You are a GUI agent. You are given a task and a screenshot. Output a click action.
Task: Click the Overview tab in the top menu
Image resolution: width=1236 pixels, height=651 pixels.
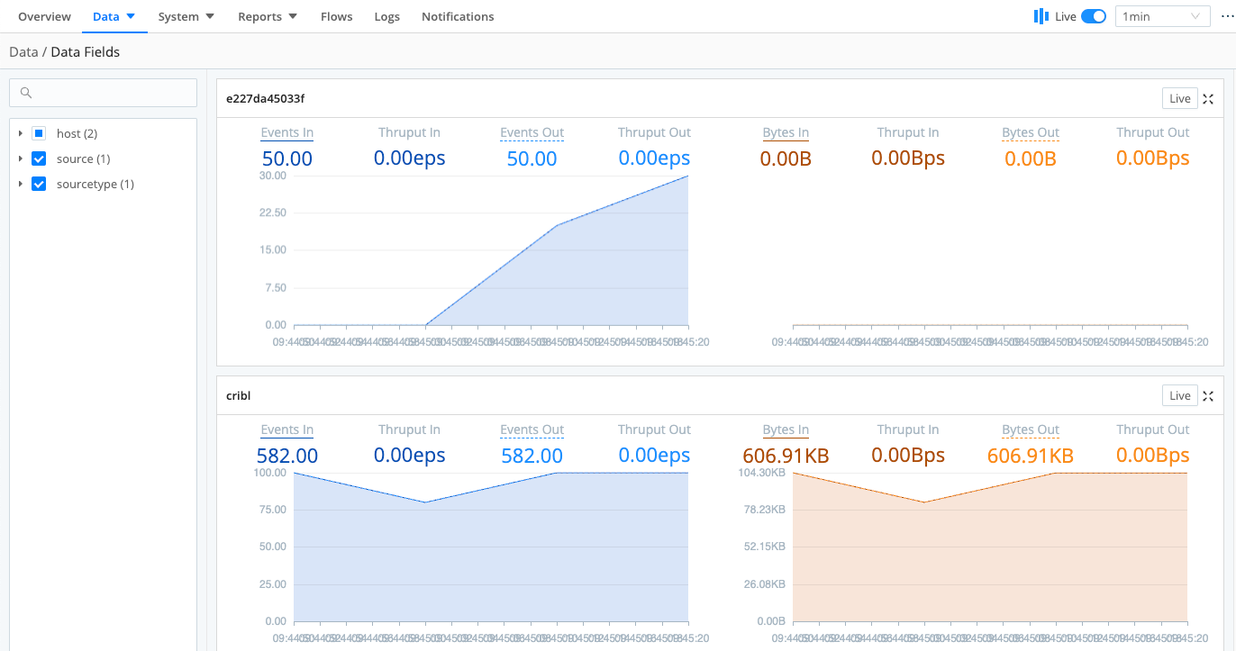44,16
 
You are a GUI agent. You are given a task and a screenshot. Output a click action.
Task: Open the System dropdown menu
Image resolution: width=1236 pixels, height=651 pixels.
186,16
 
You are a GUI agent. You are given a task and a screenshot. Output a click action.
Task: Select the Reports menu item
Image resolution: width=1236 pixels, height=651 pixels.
267,16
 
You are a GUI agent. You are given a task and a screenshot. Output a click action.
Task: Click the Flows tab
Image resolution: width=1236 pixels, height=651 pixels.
336,16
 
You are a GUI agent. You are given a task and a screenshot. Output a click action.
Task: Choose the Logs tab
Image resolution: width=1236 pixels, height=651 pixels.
386,16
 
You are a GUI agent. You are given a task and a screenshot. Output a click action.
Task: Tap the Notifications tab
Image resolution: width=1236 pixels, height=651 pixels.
458,16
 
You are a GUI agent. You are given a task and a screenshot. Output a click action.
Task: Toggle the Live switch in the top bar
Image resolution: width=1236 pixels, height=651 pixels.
1093,16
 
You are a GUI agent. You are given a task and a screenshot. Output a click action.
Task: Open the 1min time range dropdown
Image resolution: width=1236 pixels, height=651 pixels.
1162,16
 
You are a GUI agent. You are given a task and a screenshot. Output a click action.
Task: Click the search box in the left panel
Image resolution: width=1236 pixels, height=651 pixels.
103,93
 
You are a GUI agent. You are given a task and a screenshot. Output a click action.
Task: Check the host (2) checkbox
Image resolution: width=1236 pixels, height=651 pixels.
39,133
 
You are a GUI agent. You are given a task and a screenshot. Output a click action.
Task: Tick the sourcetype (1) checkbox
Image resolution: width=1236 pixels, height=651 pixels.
39,184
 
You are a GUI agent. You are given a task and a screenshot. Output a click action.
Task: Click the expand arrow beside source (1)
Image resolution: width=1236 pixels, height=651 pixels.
21,158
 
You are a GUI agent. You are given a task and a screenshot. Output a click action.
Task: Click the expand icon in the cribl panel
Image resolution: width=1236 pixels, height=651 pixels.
1209,396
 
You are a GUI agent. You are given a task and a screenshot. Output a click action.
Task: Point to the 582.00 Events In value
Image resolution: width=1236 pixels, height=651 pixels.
287,456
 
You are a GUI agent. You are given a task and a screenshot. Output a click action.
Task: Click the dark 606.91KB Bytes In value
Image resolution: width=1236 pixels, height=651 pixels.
786,456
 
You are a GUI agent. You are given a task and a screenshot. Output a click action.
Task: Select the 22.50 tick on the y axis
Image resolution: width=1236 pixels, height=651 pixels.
272,212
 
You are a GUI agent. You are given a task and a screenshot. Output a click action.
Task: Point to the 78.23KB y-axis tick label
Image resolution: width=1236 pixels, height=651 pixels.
763,510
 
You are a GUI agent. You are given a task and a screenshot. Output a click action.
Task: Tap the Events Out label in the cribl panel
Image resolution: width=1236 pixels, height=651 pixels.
532,429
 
